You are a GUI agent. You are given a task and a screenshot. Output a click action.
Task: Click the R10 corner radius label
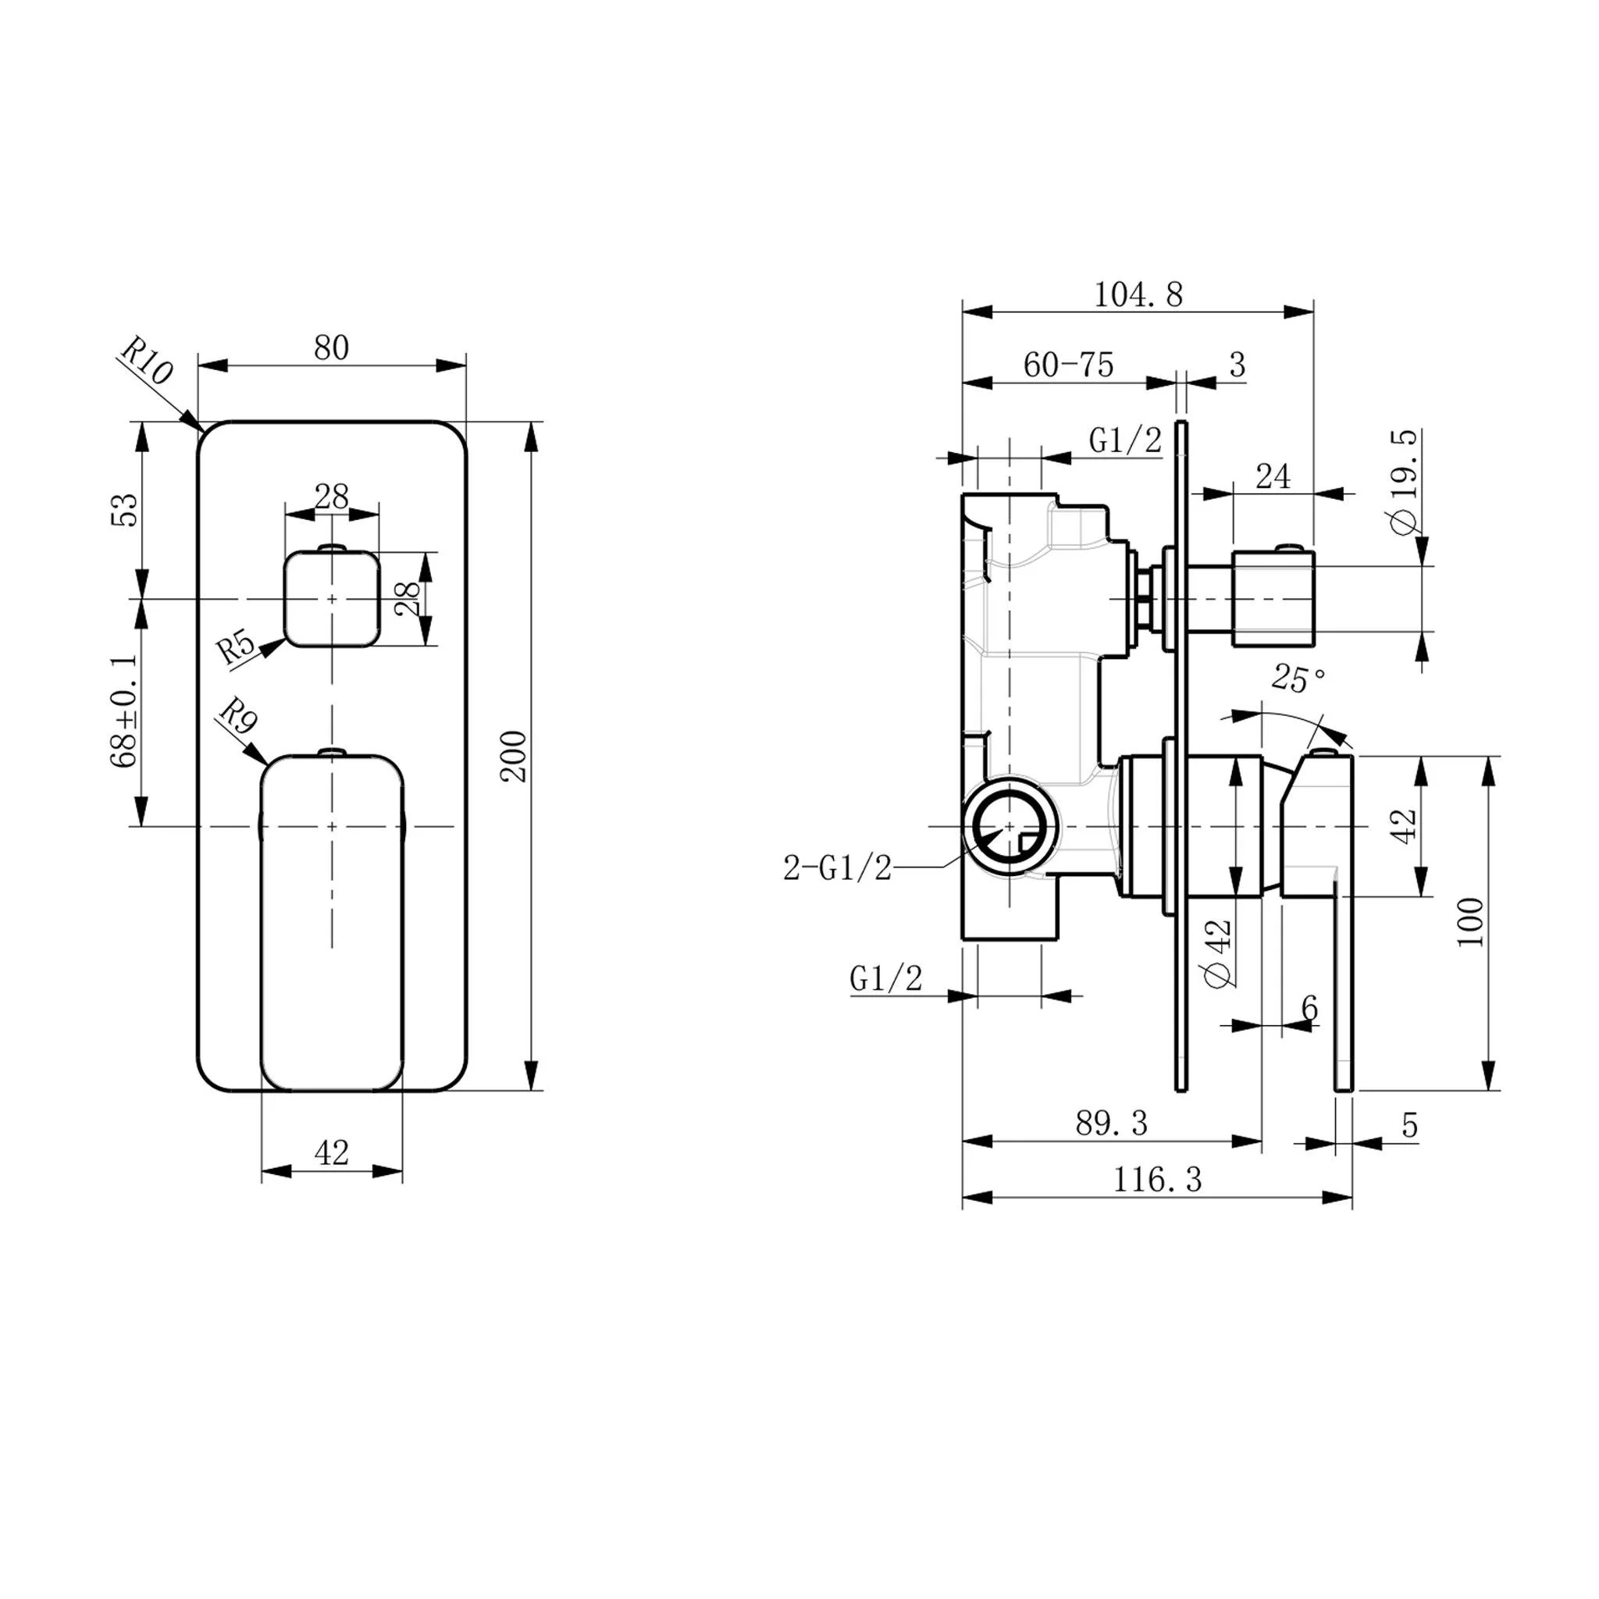click(x=147, y=361)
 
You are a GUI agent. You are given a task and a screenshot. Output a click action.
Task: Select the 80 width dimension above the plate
click(x=331, y=348)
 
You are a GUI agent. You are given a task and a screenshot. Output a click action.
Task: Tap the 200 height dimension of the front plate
click(x=513, y=756)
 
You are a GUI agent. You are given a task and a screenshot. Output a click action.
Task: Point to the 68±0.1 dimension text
click(x=124, y=712)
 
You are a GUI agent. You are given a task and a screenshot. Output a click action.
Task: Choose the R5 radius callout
click(x=237, y=648)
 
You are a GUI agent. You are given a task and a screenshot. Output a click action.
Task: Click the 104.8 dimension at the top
click(x=1138, y=294)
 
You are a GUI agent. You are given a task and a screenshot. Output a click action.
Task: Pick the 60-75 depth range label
click(x=1069, y=365)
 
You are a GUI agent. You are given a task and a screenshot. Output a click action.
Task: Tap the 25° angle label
click(x=1297, y=678)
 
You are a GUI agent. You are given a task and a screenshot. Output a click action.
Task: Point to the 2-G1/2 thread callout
click(x=838, y=868)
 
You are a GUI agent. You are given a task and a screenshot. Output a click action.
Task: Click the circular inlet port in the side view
click(x=1010, y=826)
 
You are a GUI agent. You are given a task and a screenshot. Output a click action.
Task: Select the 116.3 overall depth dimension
click(x=1156, y=1180)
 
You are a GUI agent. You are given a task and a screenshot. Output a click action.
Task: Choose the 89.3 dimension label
click(x=1112, y=1123)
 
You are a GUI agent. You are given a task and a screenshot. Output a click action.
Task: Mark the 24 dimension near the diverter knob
click(x=1273, y=477)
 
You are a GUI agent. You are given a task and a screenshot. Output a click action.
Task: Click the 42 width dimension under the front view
click(x=332, y=1152)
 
